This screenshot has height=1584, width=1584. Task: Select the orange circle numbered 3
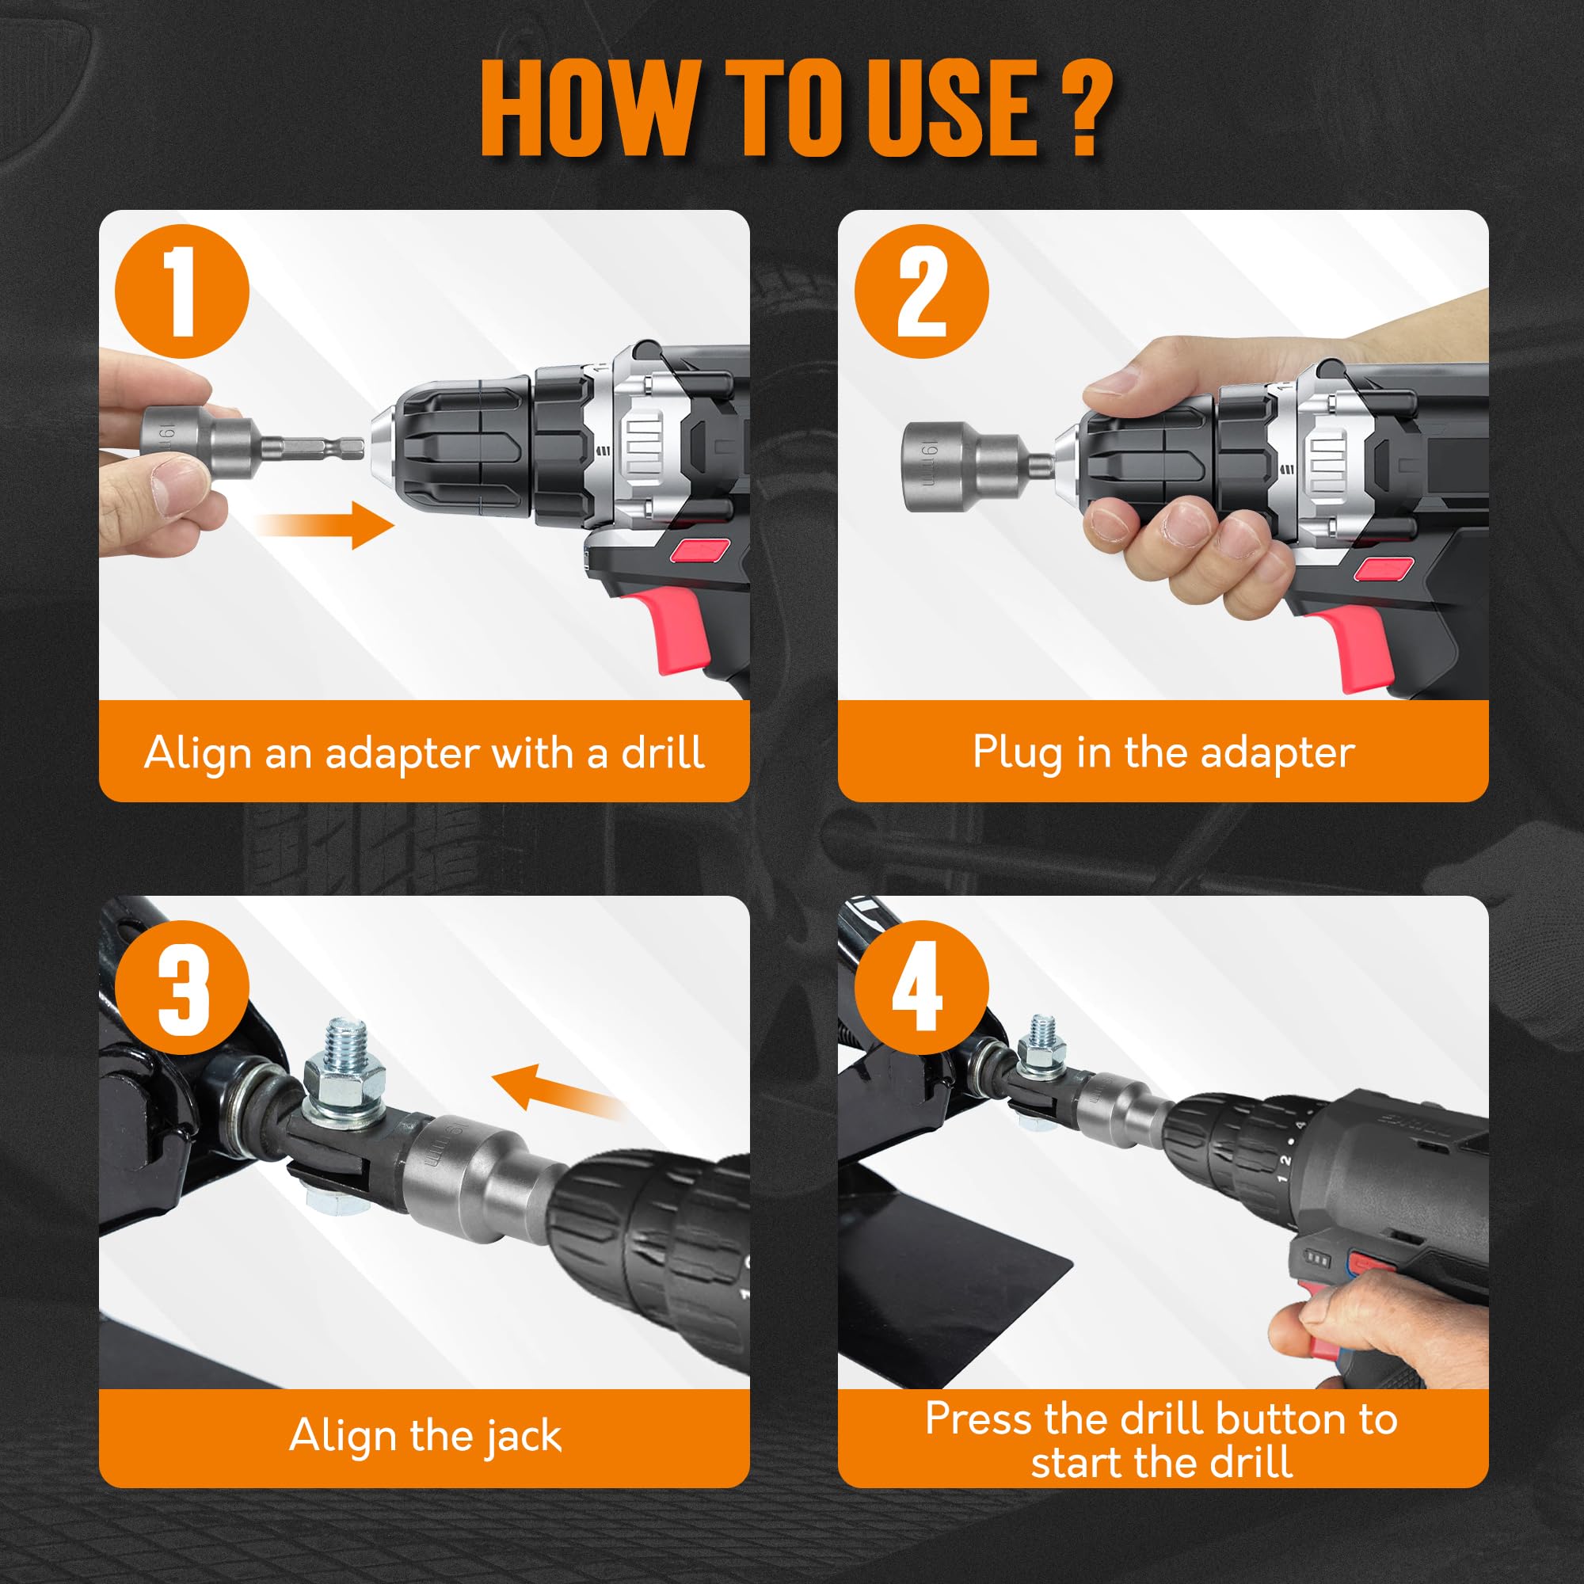pyautogui.click(x=181, y=987)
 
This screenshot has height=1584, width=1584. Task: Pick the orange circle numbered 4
pyautogui.click(x=921, y=987)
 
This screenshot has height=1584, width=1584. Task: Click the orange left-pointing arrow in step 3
pyautogui.click(x=558, y=1091)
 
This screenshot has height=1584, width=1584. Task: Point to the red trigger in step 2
pyautogui.click(x=1353, y=648)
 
